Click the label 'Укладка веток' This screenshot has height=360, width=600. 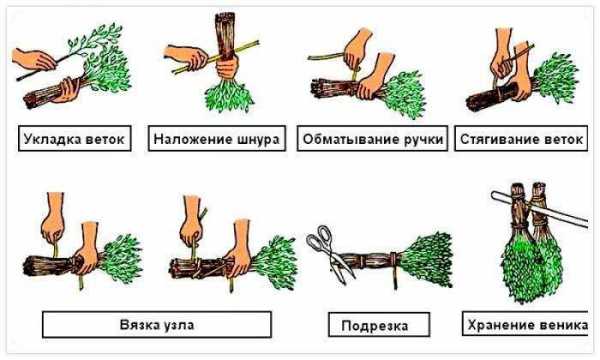pos(74,139)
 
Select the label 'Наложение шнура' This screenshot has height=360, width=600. pos(217,139)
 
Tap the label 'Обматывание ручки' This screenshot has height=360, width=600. pos(373,139)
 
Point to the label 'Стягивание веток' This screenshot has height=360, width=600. pos(521,139)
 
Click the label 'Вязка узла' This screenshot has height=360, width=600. pos(157,325)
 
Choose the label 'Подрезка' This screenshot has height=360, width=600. pos(375,326)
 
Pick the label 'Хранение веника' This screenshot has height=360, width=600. pos(528,325)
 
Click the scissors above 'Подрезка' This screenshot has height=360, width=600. pos(330,252)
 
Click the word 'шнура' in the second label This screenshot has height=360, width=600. pos(259,139)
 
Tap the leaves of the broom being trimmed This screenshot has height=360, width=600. pos(428,259)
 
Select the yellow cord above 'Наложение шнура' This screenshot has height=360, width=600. pos(215,57)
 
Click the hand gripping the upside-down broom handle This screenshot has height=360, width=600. pos(227,67)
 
